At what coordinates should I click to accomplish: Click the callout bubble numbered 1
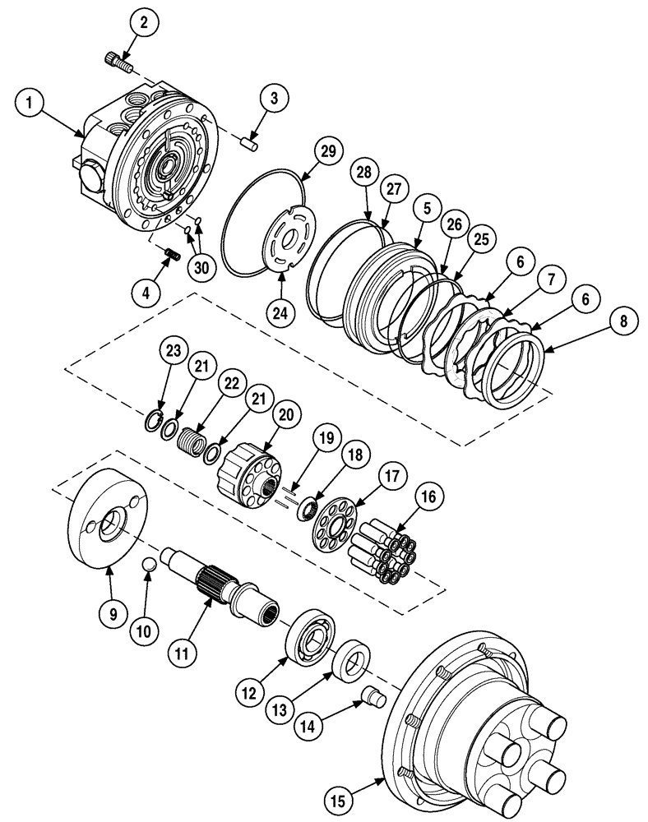[30, 104]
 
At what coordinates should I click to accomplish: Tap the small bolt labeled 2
[118, 60]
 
